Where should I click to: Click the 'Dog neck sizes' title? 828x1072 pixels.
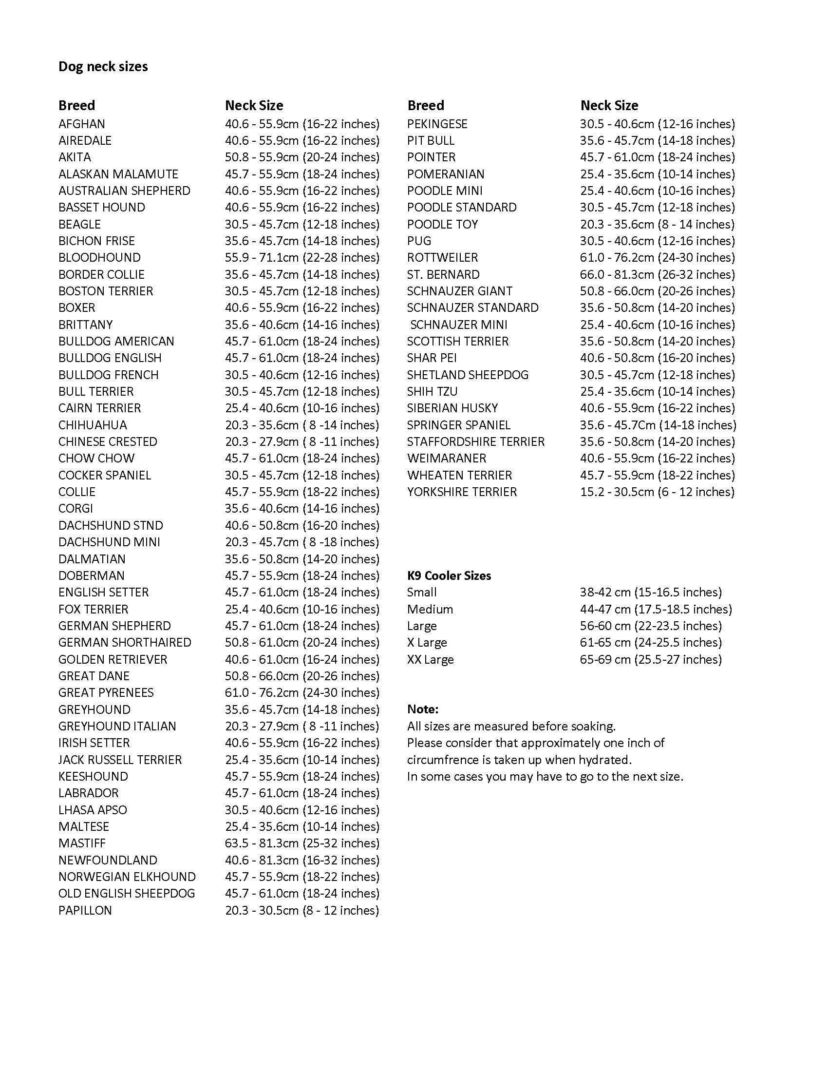pyautogui.click(x=103, y=67)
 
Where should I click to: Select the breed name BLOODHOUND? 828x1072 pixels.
pyautogui.click(x=99, y=258)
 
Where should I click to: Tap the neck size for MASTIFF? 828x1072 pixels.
pyautogui.click(x=302, y=843)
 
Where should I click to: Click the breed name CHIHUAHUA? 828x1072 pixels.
pyautogui.click(x=92, y=425)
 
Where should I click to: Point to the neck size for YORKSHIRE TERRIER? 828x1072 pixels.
pyautogui.click(x=657, y=492)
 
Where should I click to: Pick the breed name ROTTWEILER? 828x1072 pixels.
pyautogui.click(x=442, y=258)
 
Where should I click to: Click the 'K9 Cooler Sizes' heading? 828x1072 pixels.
pyautogui.click(x=449, y=576)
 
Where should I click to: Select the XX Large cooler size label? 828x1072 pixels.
pyautogui.click(x=430, y=659)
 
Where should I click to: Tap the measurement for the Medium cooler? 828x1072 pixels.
pyautogui.click(x=655, y=609)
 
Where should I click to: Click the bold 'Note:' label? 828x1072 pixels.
pyautogui.click(x=422, y=709)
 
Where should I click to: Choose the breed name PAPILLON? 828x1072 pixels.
pyautogui.click(x=85, y=911)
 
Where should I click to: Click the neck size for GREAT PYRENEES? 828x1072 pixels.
pyautogui.click(x=302, y=692)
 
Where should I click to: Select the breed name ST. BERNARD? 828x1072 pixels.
pyautogui.click(x=443, y=274)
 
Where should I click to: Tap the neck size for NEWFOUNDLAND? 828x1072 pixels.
pyautogui.click(x=302, y=860)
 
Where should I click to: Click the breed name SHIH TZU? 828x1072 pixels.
pyautogui.click(x=432, y=392)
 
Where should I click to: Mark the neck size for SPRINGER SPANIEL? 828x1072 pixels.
pyautogui.click(x=658, y=425)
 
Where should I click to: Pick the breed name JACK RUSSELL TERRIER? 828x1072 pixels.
pyautogui.click(x=120, y=760)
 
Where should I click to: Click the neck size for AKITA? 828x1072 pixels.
pyautogui.click(x=302, y=157)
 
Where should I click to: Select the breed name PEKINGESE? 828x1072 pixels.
pyautogui.click(x=437, y=124)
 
